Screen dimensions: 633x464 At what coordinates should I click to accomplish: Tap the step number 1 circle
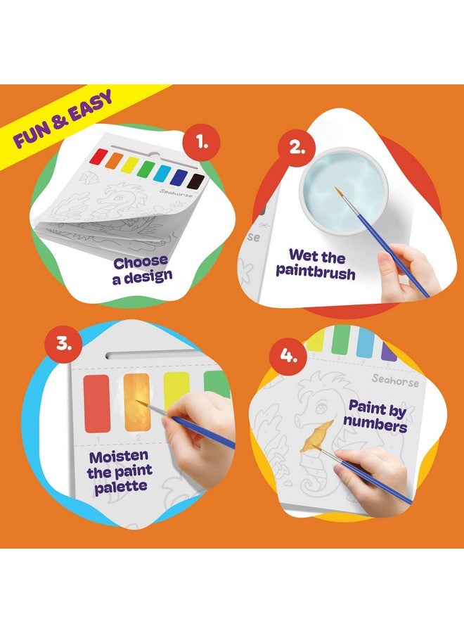coord(202,144)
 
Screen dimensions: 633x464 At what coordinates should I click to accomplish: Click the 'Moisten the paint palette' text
coord(120,471)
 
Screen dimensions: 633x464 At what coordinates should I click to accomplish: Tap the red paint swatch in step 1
coord(101,156)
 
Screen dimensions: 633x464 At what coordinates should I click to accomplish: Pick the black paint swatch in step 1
coord(198,181)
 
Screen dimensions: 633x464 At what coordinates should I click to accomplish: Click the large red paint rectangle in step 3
coord(96,403)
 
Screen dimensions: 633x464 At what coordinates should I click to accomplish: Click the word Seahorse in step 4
coord(395,382)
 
